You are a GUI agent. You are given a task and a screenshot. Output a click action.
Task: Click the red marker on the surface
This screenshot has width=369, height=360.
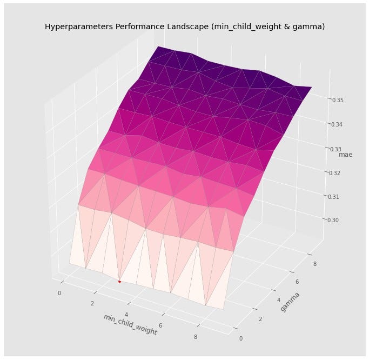119,281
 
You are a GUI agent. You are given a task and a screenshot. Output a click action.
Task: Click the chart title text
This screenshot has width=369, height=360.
184,26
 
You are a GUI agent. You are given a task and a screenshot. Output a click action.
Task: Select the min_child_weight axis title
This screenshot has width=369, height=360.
130,324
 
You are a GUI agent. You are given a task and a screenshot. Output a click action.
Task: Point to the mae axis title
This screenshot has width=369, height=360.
345,155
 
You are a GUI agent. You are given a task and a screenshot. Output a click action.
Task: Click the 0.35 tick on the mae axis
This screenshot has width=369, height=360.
338,101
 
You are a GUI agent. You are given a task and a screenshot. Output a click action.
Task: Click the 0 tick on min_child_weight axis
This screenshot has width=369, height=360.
59,293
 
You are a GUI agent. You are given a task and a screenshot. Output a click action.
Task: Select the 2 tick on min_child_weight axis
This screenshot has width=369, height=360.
92,303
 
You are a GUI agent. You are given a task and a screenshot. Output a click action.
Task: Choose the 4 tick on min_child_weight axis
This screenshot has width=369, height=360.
127,314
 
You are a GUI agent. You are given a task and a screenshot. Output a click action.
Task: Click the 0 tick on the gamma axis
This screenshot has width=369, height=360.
241,338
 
